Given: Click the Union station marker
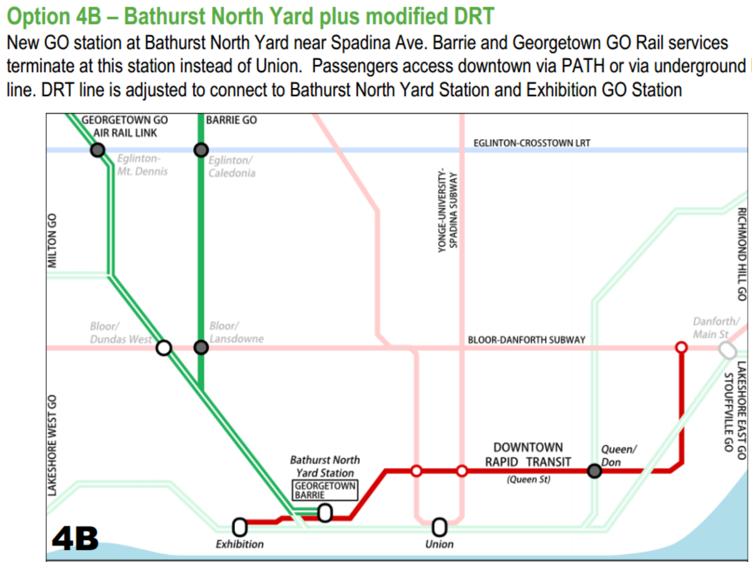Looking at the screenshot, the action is point(439,527).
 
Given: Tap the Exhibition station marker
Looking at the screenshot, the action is point(240,527).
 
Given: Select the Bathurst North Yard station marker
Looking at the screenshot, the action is point(325,513).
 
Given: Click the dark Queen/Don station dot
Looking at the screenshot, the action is point(595,471).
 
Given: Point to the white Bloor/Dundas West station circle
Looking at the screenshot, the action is point(164,348).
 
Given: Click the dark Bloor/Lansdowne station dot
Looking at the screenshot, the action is point(201,348).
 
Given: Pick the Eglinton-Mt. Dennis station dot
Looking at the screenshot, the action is point(98,150).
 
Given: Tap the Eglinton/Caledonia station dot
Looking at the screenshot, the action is point(201,150).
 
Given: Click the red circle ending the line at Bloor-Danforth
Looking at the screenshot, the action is point(681,348).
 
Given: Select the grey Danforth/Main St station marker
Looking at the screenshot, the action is point(727,351).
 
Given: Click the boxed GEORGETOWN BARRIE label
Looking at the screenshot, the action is point(325,490).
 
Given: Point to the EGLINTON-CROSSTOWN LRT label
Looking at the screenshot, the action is point(532,143).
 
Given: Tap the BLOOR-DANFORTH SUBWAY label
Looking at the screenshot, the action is point(527,340).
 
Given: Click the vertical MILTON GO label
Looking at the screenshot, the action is point(52,240).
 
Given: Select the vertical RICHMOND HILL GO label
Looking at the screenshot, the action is point(742,254).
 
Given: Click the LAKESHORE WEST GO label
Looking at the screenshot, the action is point(52,445).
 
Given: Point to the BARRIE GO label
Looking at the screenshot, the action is point(231,120).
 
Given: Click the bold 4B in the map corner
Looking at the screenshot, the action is point(75,538).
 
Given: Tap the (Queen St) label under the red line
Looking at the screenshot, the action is point(528,479).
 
